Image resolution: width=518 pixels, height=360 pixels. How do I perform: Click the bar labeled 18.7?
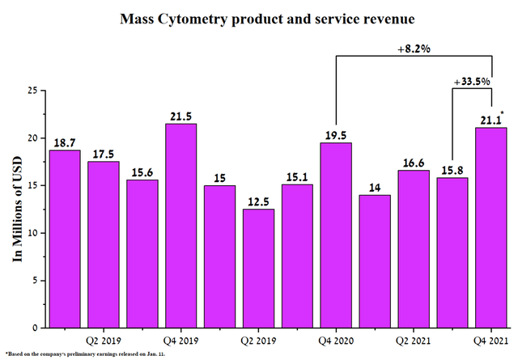pyautogui.click(x=65, y=239)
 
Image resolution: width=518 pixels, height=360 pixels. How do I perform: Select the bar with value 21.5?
pyautogui.click(x=181, y=226)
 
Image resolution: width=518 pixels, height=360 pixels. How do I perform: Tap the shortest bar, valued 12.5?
pyautogui.click(x=258, y=269)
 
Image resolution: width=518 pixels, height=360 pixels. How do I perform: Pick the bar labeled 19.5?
pyautogui.click(x=336, y=235)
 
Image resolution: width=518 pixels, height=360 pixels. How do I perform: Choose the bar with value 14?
pyautogui.click(x=375, y=261)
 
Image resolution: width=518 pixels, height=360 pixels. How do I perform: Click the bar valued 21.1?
pyautogui.click(x=491, y=227)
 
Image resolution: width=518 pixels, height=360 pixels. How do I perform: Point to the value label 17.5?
pyautogui.click(x=104, y=155)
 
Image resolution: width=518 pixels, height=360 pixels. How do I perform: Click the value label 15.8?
pyautogui.click(x=452, y=171)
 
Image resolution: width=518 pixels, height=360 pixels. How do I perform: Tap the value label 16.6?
pyautogui.click(x=414, y=163)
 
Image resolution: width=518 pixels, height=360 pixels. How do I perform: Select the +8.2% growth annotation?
pyautogui.click(x=414, y=49)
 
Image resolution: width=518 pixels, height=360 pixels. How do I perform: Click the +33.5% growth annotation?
pyautogui.click(x=472, y=82)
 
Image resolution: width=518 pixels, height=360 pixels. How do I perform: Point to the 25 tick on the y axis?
pyautogui.click(x=33, y=91)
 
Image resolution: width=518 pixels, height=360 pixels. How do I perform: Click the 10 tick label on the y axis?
pyautogui.click(x=33, y=233)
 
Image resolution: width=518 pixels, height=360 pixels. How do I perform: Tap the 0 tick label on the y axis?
pyautogui.click(x=35, y=328)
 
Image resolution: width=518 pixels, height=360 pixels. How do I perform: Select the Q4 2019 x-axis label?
pyautogui.click(x=181, y=341)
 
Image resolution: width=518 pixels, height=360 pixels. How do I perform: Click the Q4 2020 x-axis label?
pyautogui.click(x=336, y=341)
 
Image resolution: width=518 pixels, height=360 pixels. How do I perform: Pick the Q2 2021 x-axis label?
pyautogui.click(x=414, y=341)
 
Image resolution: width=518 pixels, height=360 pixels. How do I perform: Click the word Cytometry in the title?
pyautogui.click(x=193, y=19)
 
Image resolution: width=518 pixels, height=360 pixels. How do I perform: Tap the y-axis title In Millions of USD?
pyautogui.click(x=17, y=209)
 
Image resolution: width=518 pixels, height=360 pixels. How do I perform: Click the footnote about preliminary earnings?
pyautogui.click(x=85, y=354)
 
